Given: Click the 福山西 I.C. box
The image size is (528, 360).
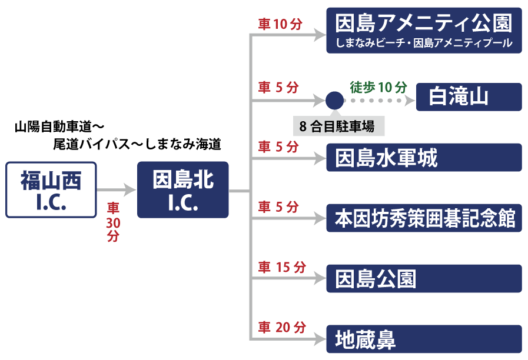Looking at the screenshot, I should tap(51, 189).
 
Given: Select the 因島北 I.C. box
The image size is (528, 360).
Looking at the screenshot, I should tap(182, 189).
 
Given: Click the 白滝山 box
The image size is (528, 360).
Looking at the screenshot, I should tap(469, 97).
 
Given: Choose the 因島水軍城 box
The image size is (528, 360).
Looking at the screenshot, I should tap(424, 158).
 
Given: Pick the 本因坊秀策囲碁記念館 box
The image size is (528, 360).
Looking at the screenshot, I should tap(424, 218).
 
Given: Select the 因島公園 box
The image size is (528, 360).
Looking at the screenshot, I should tap(424, 278).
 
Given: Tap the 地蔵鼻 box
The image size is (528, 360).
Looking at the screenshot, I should tap(424, 339).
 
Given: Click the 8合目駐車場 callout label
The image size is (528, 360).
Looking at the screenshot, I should tap(337, 126).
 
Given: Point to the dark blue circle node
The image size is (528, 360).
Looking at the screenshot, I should tap(334, 100).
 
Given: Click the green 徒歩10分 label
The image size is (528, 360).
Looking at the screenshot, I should tap(378, 88).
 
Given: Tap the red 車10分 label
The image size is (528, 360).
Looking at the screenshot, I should tap(280, 24).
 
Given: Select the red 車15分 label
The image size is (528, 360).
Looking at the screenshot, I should tap(283, 268).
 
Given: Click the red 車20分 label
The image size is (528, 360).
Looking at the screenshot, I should tap(283, 328).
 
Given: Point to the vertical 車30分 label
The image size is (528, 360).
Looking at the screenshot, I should tap(113, 222).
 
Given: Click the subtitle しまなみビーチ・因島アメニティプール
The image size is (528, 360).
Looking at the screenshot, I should tap(424, 44).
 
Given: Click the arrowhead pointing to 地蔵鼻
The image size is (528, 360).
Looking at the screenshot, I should tap(319, 339).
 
